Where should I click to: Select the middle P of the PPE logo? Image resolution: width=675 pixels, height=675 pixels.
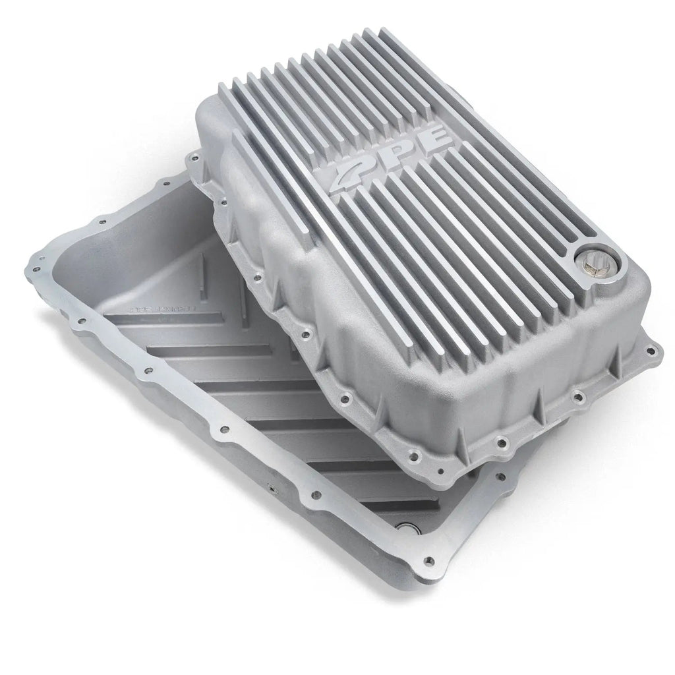(x=391, y=154)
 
